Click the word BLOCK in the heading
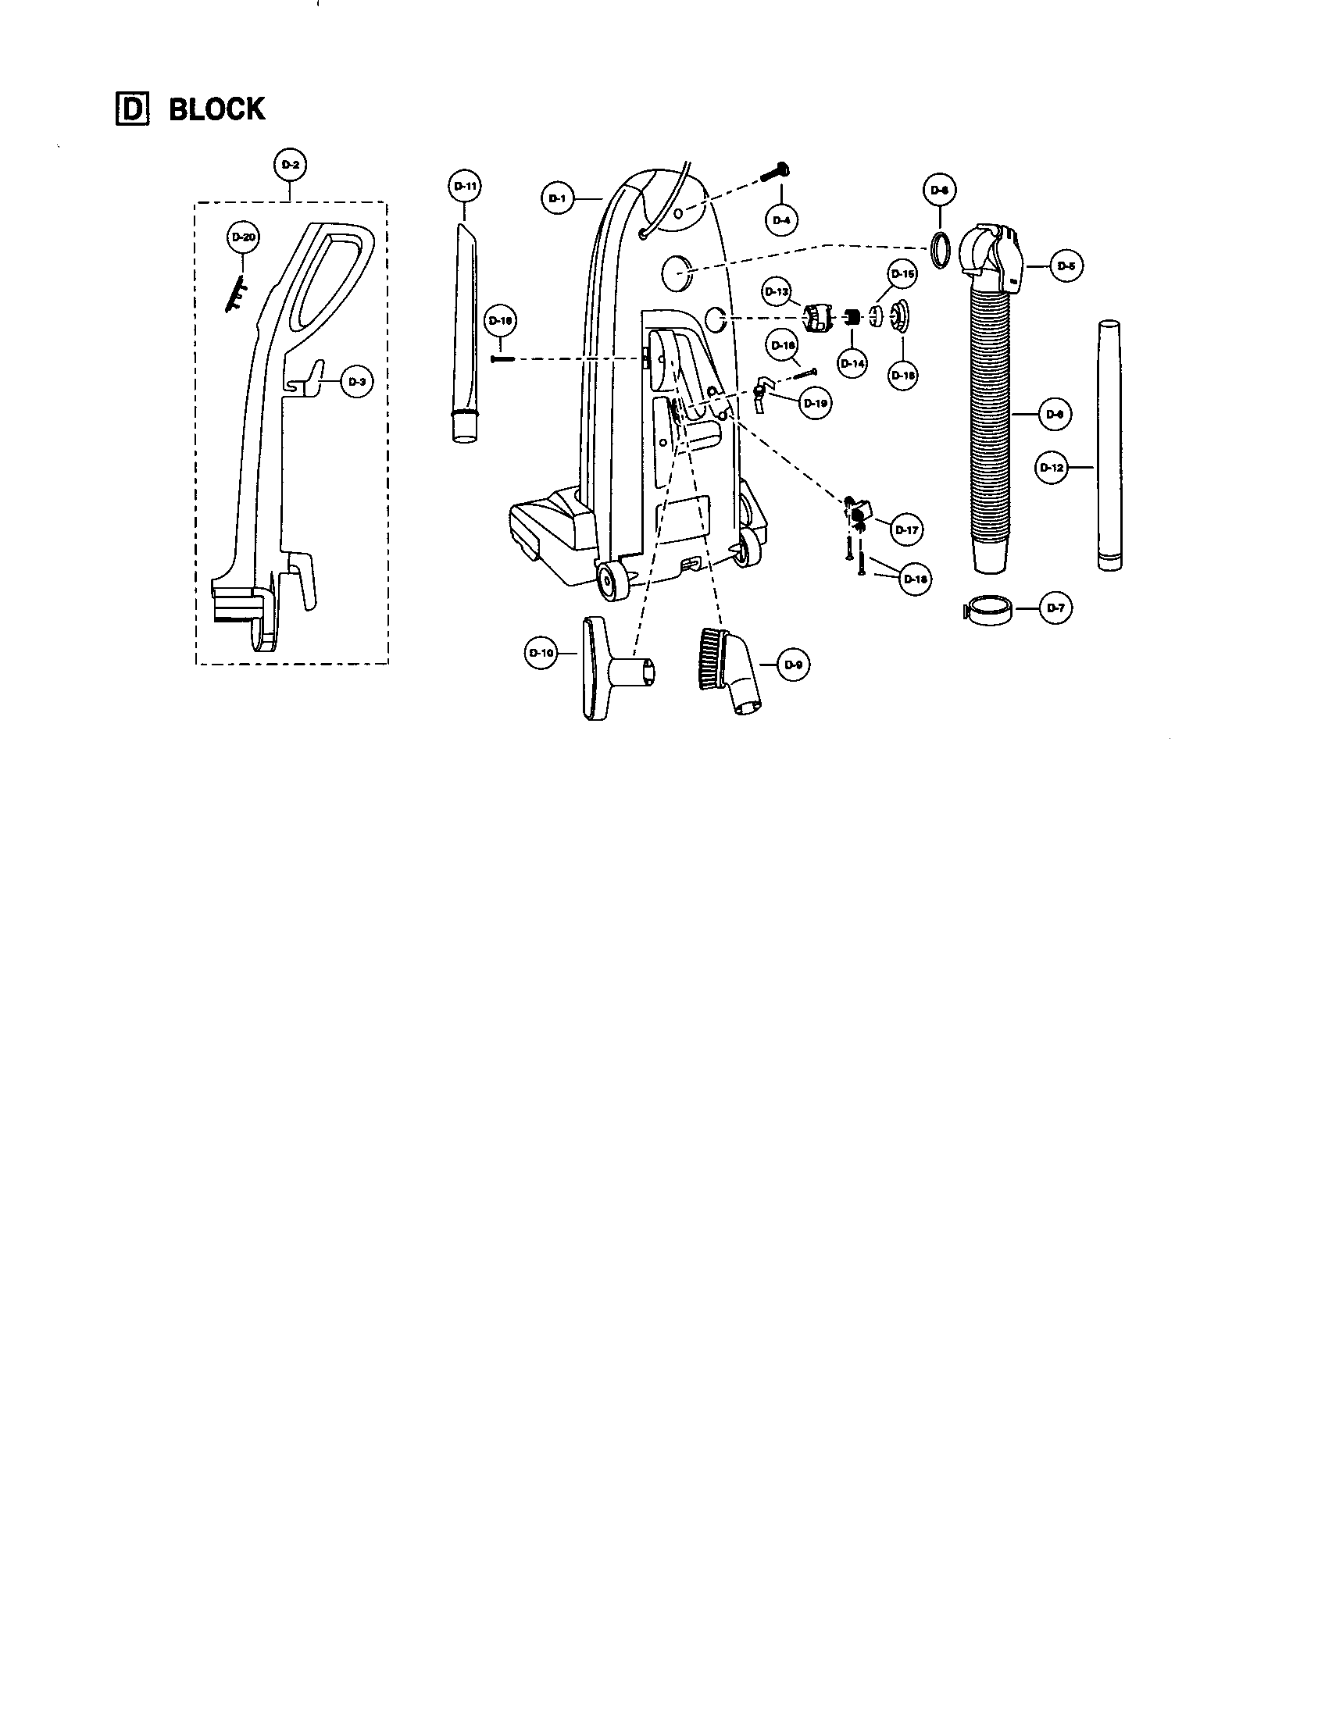click(217, 109)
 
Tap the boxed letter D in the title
click(130, 109)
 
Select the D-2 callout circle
click(290, 166)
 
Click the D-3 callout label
click(355, 382)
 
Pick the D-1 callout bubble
click(557, 199)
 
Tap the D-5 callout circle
click(1066, 266)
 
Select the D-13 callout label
click(777, 292)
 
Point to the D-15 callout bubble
click(902, 275)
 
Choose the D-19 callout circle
click(815, 404)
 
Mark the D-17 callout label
click(906, 530)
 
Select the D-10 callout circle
click(541, 653)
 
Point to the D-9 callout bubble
click(793, 665)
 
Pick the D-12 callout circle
click(1052, 467)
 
